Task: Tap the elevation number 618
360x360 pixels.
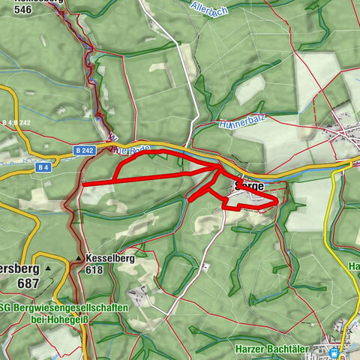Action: pos(94,270)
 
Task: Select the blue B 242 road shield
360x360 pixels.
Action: pos(84,151)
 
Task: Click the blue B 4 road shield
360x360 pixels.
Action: pos(43,169)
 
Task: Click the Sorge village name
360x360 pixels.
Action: pos(249,184)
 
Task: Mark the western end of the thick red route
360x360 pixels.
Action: pos(83,184)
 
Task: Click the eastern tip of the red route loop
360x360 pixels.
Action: pos(277,200)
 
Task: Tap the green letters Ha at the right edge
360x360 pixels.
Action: pos(355,266)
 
